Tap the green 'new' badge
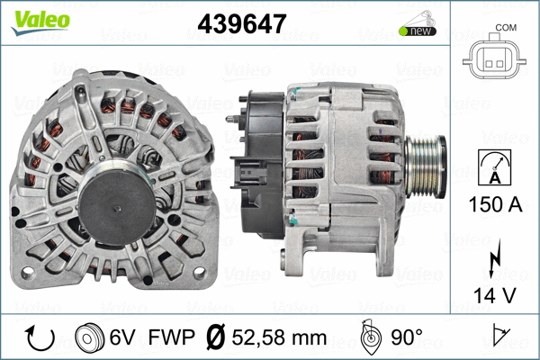pyautogui.click(x=418, y=31)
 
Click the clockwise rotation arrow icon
pyautogui.click(x=41, y=337)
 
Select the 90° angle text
pyautogui.click(x=406, y=337)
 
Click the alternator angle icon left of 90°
pyautogui.click(x=369, y=337)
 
